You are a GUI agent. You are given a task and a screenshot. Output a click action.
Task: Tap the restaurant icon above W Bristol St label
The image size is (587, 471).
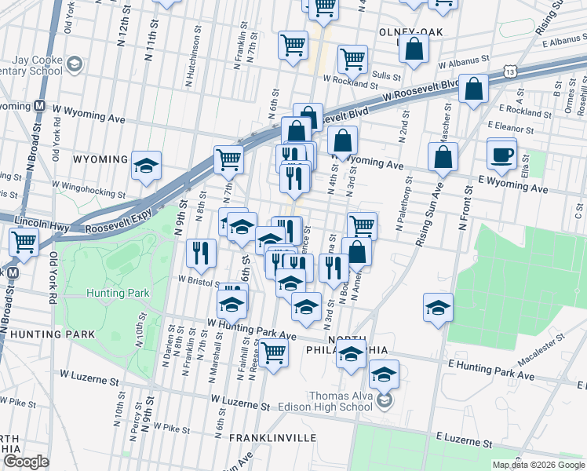[201, 252]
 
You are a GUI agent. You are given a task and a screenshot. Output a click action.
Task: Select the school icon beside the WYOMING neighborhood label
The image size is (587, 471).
[147, 166]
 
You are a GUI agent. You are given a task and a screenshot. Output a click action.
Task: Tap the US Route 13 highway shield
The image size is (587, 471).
[510, 71]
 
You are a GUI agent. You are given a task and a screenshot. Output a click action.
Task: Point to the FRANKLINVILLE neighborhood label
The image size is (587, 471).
[272, 437]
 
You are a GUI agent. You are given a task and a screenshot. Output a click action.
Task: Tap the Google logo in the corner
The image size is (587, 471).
[26, 462]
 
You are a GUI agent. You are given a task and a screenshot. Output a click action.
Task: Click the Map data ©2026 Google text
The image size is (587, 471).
[538, 465]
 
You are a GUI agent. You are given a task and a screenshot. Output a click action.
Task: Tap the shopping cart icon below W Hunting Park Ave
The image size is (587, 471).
[274, 352]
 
